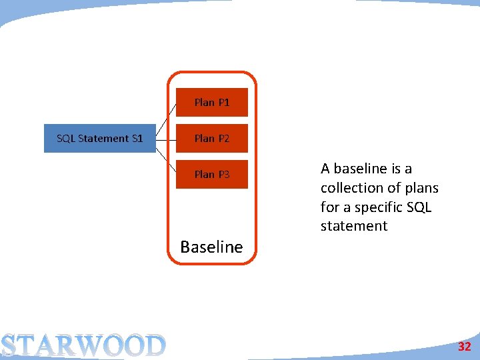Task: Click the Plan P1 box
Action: (x=211, y=102)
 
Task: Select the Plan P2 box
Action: (x=211, y=138)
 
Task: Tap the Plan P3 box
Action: (x=211, y=174)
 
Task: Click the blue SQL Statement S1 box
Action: (x=99, y=138)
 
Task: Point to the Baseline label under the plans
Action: (x=211, y=247)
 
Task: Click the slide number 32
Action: (x=464, y=347)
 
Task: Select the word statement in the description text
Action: (x=353, y=226)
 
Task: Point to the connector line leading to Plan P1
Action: (x=167, y=114)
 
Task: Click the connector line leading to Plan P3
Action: (x=167, y=161)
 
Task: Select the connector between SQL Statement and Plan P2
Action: (x=165, y=138)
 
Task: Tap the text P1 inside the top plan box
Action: (x=223, y=102)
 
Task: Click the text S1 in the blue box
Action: (x=137, y=138)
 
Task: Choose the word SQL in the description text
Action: (x=419, y=207)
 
